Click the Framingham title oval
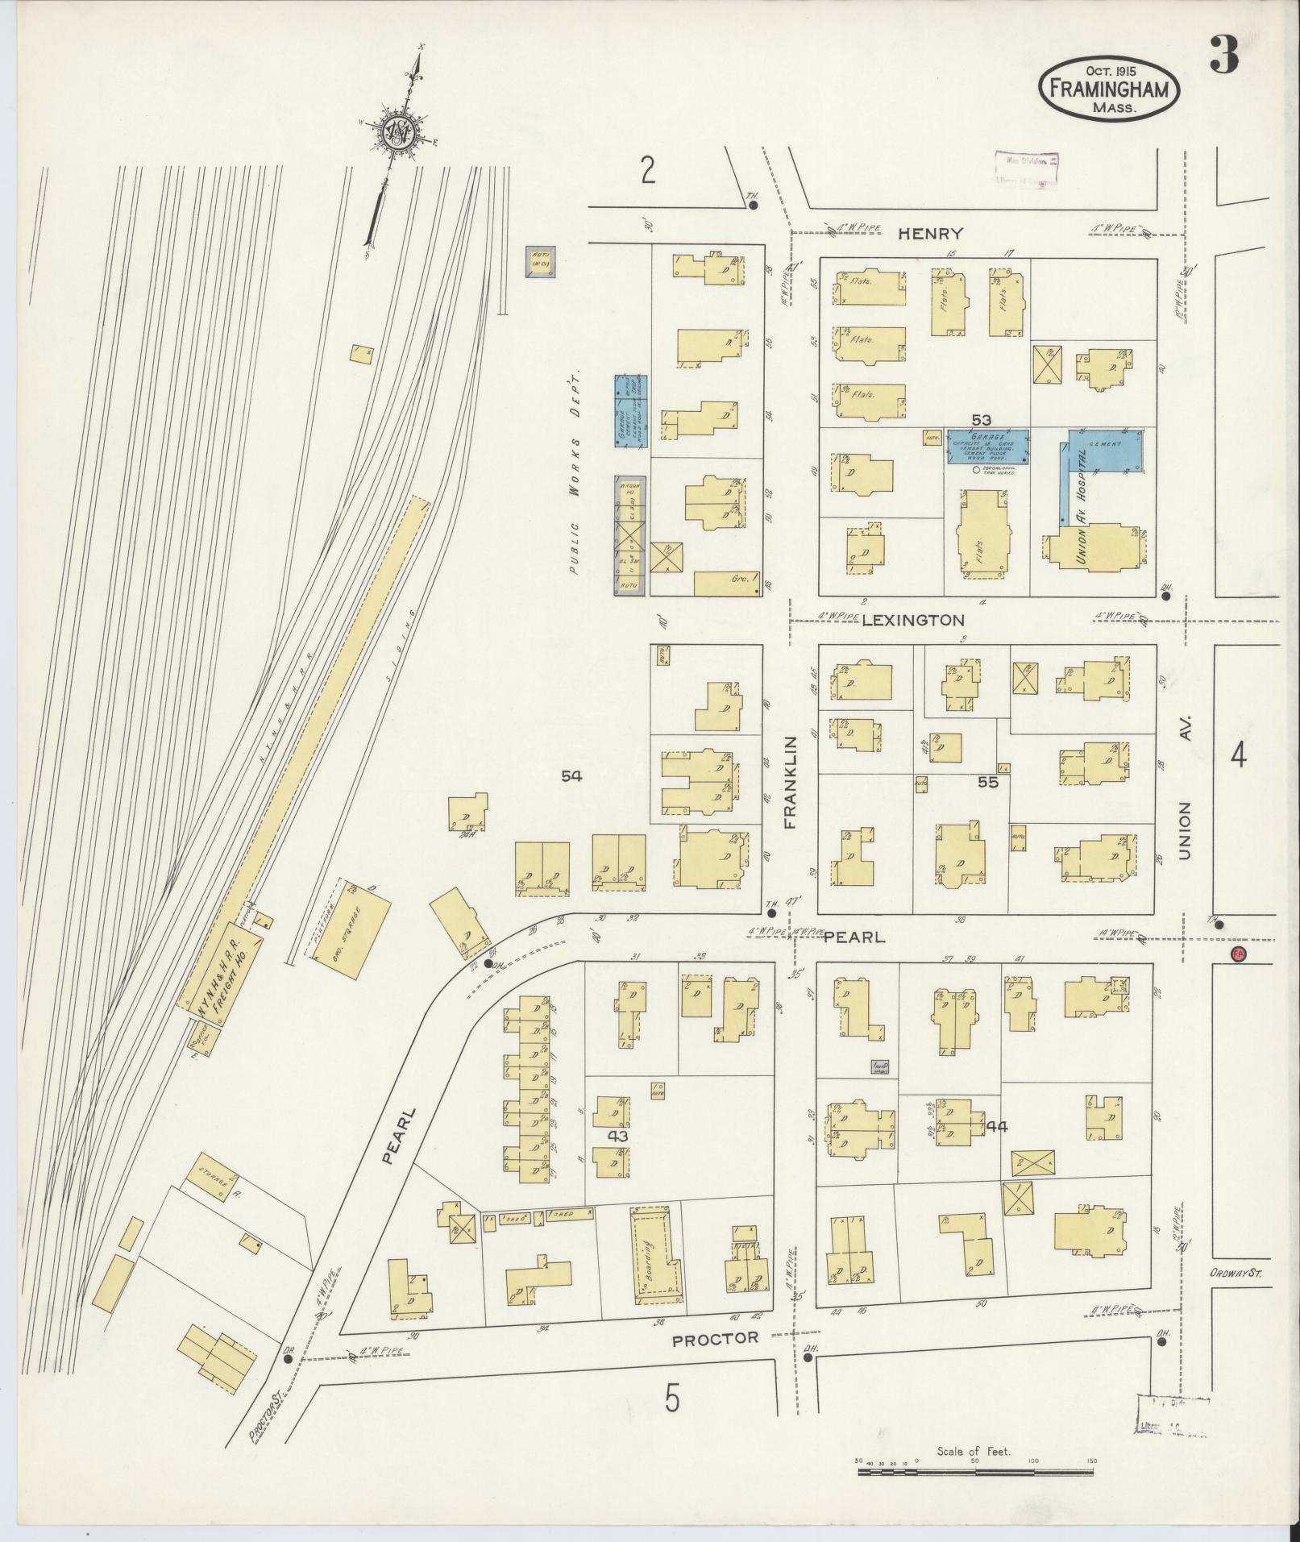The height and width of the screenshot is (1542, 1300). click(x=1109, y=89)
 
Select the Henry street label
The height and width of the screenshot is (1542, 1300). click(x=931, y=234)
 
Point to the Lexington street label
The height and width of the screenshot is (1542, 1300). click(x=913, y=620)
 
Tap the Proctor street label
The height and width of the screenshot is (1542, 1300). click(x=716, y=1338)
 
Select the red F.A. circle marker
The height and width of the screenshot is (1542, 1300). click(x=1240, y=954)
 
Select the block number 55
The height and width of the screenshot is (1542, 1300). click(x=988, y=782)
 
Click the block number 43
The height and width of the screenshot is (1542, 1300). click(x=617, y=1135)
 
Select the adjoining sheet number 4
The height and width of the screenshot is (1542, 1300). click(x=1237, y=756)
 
